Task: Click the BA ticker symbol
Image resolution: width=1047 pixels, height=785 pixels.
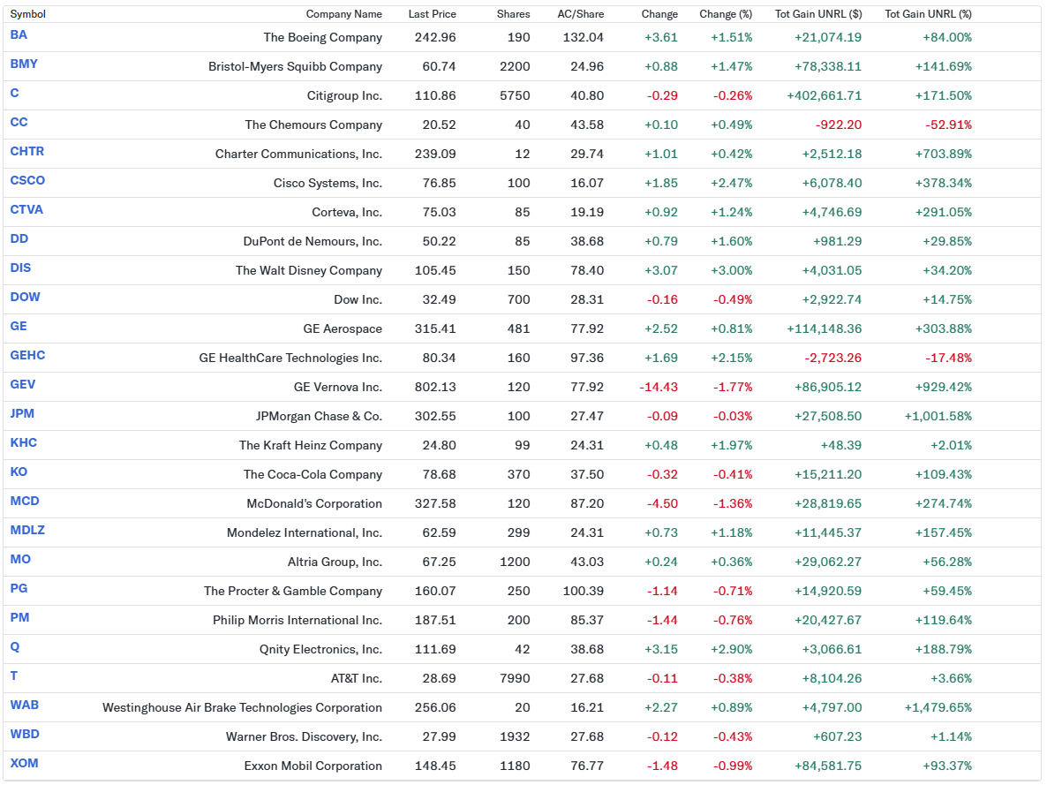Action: [x=19, y=34]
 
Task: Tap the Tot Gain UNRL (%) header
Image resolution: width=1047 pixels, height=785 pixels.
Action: [x=928, y=14]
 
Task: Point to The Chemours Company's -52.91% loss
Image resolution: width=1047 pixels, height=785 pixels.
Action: [x=948, y=125]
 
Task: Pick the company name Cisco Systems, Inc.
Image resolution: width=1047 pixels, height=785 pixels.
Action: [x=328, y=183]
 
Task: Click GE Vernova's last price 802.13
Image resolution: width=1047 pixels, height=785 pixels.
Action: [x=435, y=387]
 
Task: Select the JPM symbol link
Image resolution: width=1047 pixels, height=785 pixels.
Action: [x=22, y=413]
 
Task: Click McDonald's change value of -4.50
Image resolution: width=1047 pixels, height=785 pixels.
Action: [x=663, y=503]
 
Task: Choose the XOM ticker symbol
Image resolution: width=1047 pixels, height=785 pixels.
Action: [x=24, y=763]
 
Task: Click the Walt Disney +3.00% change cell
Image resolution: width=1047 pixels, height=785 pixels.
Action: [x=731, y=270]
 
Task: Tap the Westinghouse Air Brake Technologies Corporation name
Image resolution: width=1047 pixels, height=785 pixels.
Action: [x=242, y=707]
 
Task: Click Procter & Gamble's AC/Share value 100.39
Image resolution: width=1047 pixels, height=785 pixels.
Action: [x=583, y=591]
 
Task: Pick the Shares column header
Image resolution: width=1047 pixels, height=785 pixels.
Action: [x=513, y=14]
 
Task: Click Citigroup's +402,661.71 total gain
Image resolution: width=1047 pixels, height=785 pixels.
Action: [x=824, y=95]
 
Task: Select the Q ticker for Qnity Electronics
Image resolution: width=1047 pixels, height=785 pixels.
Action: [x=15, y=646]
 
